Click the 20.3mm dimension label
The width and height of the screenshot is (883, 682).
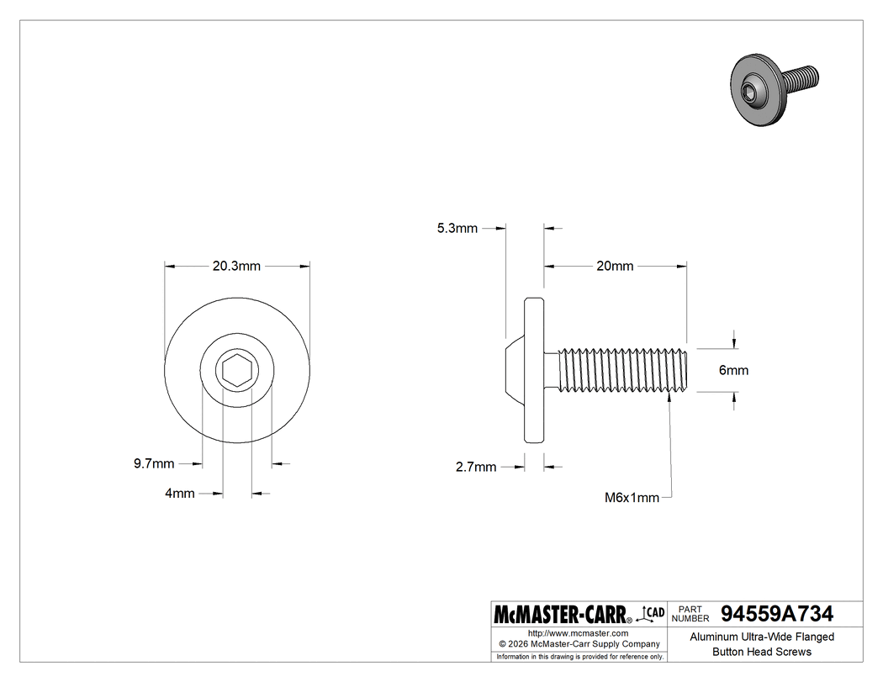(x=236, y=266)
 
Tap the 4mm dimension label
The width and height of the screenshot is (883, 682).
(x=179, y=494)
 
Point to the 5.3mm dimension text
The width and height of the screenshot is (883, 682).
(x=457, y=228)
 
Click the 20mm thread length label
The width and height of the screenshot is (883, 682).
(x=615, y=266)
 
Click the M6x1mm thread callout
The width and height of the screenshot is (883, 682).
(x=632, y=497)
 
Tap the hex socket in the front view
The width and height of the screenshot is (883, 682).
(x=236, y=370)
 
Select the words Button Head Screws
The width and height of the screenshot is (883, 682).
(x=762, y=652)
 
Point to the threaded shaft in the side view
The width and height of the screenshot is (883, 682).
(x=622, y=370)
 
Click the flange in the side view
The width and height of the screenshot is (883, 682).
(x=535, y=370)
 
